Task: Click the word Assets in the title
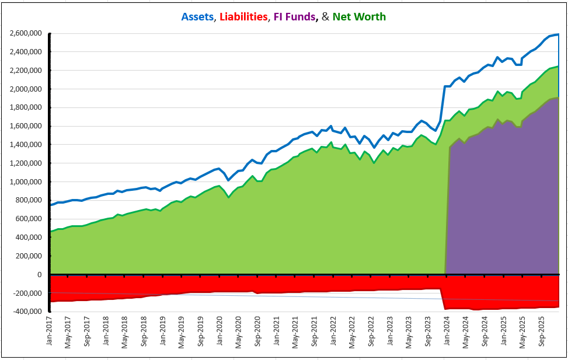click(197, 17)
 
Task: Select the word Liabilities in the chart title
click(242, 17)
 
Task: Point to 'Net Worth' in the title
click(359, 17)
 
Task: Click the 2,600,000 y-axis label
click(26, 33)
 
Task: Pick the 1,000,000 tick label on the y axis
click(26, 181)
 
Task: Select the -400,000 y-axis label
click(27, 312)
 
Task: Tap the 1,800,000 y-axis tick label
click(26, 107)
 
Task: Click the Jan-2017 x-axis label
click(50, 332)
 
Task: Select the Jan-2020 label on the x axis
click(219, 332)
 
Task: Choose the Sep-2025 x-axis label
click(540, 332)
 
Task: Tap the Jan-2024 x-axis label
click(445, 332)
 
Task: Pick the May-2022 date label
click(351, 332)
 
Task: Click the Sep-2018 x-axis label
click(144, 332)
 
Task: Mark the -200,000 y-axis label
click(27, 293)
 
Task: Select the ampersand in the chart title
click(325, 17)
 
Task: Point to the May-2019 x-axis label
click(182, 332)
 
